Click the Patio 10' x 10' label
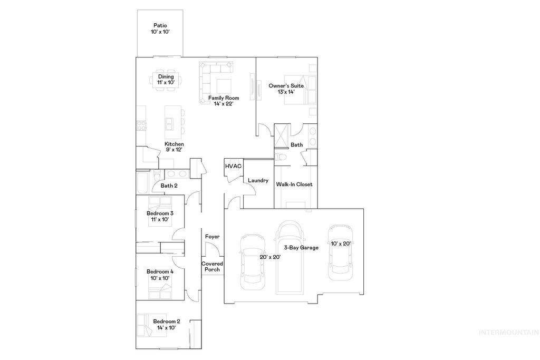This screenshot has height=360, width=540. tap(160, 28)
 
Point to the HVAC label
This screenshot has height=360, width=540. tap(233, 166)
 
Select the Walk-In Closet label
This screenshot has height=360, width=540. tap(294, 184)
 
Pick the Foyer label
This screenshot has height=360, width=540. tap(212, 237)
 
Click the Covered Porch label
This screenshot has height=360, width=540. tap(212, 266)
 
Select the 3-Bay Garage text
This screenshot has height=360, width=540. tap(301, 247)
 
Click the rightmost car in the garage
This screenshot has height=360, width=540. tap(340, 253)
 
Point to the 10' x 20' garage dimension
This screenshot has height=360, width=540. tap(341, 244)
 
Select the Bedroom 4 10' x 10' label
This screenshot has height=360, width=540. tap(160, 274)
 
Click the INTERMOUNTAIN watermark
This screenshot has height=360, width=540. tap(508, 332)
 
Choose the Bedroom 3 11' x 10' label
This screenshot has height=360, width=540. tap(160, 216)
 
